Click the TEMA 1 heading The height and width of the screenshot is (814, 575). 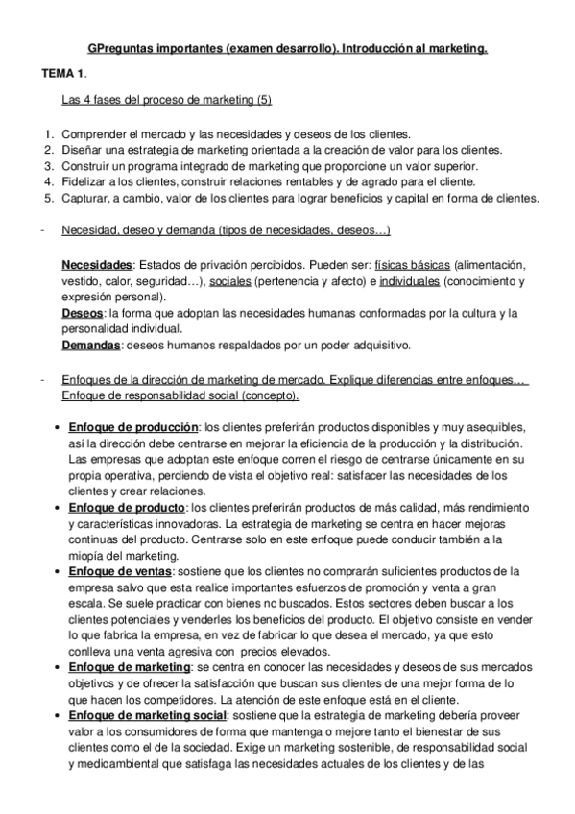pyautogui.click(x=63, y=73)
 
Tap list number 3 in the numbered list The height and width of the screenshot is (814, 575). pyautogui.click(x=48, y=166)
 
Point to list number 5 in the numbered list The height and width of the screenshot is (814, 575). pyautogui.click(x=48, y=199)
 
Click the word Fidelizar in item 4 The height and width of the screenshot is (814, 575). pyautogui.click(x=84, y=182)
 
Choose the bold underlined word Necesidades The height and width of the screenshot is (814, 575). pyautogui.click(x=96, y=264)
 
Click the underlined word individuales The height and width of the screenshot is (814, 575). pyautogui.click(x=410, y=280)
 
